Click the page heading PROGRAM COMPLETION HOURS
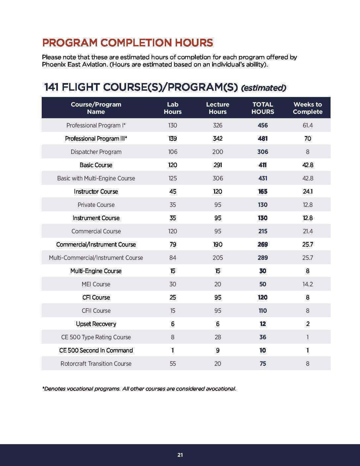[x=127, y=43]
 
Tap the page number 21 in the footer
[x=180, y=455]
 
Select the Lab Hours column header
[x=173, y=108]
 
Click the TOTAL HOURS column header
[x=263, y=108]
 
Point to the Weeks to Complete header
[x=307, y=108]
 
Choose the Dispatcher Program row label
[x=96, y=152]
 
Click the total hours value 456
[x=263, y=125]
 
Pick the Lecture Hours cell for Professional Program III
[x=218, y=139]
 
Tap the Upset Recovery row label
[x=96, y=324]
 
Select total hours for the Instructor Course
[x=263, y=192]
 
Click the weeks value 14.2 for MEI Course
[x=307, y=284]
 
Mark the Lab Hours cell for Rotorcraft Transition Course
[x=173, y=364]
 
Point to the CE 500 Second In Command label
[x=96, y=350]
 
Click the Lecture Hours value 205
[x=218, y=258]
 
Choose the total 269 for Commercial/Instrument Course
[x=263, y=245]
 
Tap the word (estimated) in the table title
[x=263, y=88]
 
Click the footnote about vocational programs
[x=139, y=389]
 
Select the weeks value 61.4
[x=307, y=125]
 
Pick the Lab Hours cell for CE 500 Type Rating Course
[x=173, y=337]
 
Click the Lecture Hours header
[x=218, y=108]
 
